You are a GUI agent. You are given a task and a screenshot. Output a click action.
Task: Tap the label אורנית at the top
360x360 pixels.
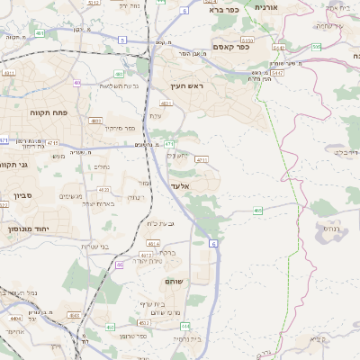(267, 7)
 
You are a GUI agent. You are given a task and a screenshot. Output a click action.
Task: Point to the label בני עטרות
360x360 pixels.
(94, 247)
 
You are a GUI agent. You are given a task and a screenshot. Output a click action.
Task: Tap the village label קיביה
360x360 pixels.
(316, 339)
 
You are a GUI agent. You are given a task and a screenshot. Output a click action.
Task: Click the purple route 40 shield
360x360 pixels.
(78, 83)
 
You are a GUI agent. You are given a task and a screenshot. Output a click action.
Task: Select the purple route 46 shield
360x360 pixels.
(120, 265)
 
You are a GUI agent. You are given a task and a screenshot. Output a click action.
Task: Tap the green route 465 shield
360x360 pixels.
(258, 211)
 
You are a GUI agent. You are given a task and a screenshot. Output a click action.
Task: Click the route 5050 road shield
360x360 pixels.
(247, 40)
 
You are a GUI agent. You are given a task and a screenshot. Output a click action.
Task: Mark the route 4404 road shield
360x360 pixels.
(15, 318)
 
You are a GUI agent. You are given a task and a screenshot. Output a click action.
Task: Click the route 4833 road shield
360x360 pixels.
(96, 120)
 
